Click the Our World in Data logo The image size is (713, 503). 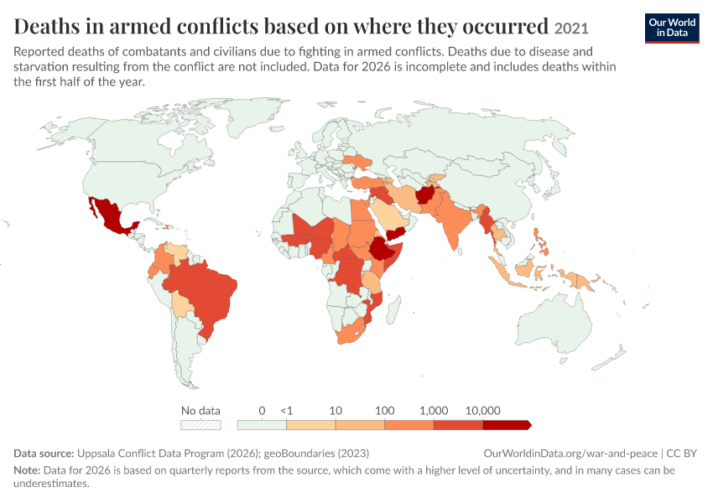(672, 29)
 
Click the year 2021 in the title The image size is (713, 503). (571, 29)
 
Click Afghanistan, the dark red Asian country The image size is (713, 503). (426, 194)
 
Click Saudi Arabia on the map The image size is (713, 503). (391, 215)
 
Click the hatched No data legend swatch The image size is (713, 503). (200, 425)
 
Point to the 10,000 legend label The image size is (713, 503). (482, 411)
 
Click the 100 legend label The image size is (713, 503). (385, 411)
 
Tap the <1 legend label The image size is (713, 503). (287, 411)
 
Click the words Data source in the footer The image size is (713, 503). (44, 454)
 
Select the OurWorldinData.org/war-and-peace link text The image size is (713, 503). (570, 454)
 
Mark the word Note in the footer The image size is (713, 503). (27, 469)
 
